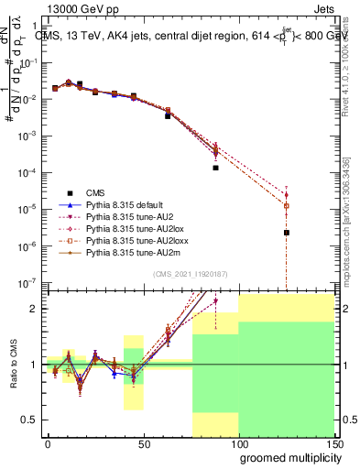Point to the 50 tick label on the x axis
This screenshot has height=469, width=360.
coord(143,442)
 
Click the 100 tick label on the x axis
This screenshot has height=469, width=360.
coord(238,442)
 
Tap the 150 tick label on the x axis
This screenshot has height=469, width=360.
coord(333,442)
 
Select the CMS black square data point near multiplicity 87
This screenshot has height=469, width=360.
coord(215,168)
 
